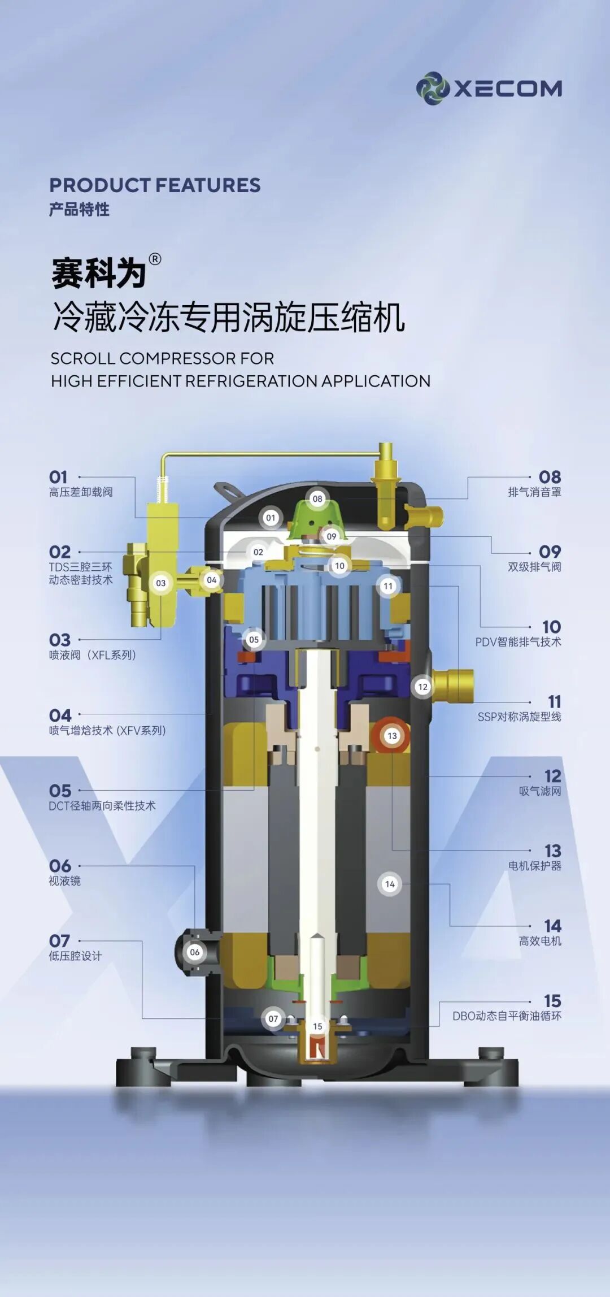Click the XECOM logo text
pos(508,89)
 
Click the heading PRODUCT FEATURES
pos(155,185)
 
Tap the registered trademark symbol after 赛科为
pos(155,259)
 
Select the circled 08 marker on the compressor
pos(317,498)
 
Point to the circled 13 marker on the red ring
pos(392,736)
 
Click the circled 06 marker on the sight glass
pos(195,952)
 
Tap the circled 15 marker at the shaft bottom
pos(317,1026)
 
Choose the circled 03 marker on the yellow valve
pos(161,583)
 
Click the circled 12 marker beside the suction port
pos(422,687)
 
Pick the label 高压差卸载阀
pos(81,492)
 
